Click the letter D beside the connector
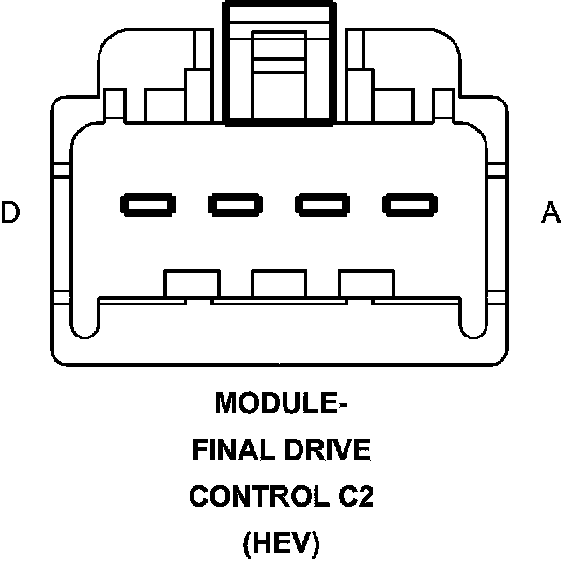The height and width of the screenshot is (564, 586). point(10,212)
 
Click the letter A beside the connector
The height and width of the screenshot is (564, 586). point(550,212)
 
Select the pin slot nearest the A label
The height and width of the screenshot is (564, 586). point(409,203)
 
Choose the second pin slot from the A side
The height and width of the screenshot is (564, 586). point(322,203)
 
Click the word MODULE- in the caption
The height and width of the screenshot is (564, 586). point(282,404)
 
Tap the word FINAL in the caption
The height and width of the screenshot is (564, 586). point(229,450)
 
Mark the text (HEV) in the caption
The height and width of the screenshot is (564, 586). point(281,542)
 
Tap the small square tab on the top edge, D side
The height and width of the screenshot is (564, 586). point(116,101)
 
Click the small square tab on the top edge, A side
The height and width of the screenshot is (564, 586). point(443,101)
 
